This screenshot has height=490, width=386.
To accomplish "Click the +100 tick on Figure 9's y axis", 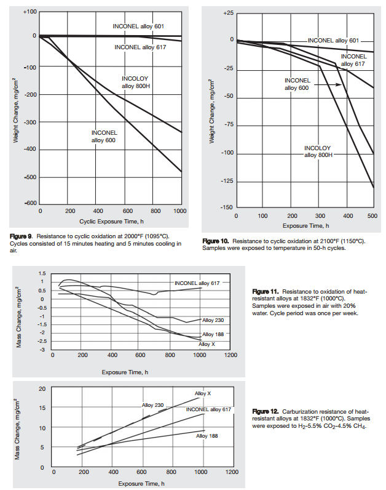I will [x=30, y=12].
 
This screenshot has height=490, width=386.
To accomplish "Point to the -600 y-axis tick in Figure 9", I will [x=30, y=204].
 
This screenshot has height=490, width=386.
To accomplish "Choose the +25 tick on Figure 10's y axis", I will [x=228, y=13].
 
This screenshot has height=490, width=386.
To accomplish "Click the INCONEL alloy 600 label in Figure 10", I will [x=297, y=84].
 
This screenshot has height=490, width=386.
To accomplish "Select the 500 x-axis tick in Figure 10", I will [x=372, y=217].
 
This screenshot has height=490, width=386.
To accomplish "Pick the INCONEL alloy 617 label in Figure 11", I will [x=197, y=283].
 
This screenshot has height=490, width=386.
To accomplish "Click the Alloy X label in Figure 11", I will [x=207, y=344].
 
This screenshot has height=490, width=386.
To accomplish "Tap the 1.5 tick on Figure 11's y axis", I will [x=42, y=273].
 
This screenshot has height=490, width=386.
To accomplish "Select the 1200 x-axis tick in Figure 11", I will [x=231, y=355].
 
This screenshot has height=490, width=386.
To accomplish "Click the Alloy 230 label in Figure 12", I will [x=152, y=405].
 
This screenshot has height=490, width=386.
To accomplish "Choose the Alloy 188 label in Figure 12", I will [x=207, y=436].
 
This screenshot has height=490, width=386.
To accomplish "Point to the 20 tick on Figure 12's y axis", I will [x=41, y=388].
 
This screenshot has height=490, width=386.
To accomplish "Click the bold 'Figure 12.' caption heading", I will [x=266, y=411].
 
